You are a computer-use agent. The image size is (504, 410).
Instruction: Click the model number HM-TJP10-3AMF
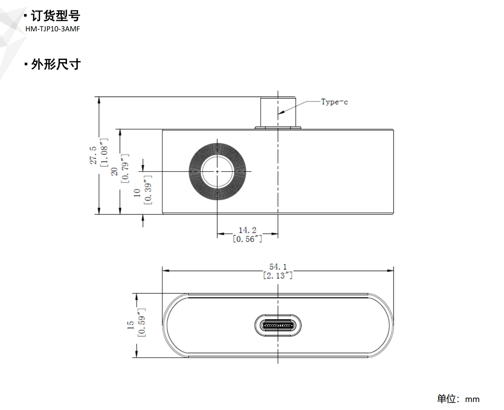(52, 29)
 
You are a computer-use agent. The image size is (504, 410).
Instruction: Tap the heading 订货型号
(55, 15)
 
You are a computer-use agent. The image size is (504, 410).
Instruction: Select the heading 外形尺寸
(56, 64)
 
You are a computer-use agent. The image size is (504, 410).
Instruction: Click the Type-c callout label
(334, 102)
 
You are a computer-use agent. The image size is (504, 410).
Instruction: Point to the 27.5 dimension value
(93, 155)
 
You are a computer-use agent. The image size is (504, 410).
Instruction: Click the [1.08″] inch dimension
(104, 152)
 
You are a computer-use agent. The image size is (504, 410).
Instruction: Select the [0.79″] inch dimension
(125, 168)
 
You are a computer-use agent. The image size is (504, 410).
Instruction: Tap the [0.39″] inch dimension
(148, 190)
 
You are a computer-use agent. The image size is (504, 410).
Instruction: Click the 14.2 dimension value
(248, 230)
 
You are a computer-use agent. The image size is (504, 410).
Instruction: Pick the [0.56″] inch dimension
(248, 239)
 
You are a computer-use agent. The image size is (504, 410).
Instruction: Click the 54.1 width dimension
(278, 267)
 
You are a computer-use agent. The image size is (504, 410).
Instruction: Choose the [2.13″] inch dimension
(278, 275)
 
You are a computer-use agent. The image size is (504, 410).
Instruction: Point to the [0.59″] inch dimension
(141, 322)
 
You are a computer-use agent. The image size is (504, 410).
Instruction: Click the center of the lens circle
(217, 172)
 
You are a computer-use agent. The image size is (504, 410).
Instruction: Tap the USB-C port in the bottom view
(278, 326)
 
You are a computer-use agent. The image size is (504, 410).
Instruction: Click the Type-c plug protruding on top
(278, 112)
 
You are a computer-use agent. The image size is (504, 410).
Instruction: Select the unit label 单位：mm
(458, 399)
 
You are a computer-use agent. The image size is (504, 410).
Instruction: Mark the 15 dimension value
(130, 325)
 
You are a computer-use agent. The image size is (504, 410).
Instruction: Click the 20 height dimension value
(114, 172)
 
